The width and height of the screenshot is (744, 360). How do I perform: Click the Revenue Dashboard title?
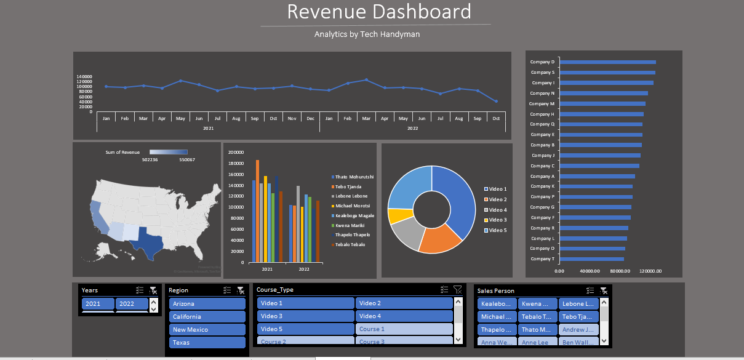pos(379,12)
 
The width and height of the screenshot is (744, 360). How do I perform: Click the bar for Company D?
pos(607,62)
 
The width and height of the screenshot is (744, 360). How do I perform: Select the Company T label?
pos(542,259)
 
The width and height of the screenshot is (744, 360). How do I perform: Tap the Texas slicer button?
pos(207,343)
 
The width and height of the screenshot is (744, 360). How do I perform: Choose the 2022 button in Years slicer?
pos(132,304)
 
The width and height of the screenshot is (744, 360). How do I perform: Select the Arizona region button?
pos(207,304)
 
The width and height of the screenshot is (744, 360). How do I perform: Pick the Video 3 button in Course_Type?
pos(305,316)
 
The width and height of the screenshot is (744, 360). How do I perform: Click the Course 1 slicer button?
pos(404,329)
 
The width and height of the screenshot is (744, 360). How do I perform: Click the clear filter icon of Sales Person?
pos(604,290)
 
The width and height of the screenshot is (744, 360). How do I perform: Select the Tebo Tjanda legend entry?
pos(348,186)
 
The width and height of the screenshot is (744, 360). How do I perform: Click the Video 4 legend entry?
pos(497,210)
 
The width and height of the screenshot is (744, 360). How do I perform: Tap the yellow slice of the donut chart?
pos(399,216)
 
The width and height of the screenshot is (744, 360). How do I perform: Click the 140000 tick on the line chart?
pos(84,76)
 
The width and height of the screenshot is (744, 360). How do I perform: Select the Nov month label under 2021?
pos(292,118)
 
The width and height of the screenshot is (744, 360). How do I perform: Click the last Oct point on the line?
pos(496,102)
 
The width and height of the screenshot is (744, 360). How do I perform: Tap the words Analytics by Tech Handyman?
pos(367,34)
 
